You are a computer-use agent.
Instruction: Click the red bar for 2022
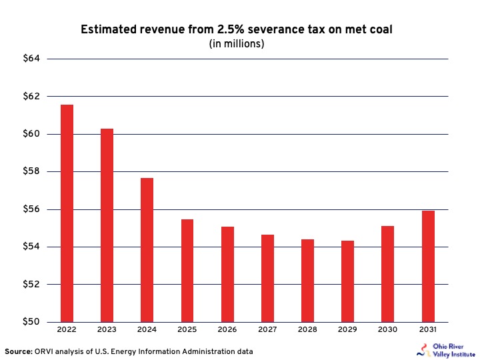(67, 213)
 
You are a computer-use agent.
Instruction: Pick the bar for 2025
(187, 271)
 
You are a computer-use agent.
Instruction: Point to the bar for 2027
(267, 278)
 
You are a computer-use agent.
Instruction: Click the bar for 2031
(428, 266)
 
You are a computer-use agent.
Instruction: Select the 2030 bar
(387, 274)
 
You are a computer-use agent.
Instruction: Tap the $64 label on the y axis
(31, 59)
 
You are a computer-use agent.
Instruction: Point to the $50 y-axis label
(31, 322)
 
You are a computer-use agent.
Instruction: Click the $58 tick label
(31, 172)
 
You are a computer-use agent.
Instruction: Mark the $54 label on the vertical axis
(31, 247)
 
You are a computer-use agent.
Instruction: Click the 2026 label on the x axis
(227, 331)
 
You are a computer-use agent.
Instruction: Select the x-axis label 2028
(307, 331)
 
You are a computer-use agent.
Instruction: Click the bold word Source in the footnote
(18, 351)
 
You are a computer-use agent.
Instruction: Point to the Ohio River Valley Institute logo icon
(420, 350)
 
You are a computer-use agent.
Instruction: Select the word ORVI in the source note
(45, 351)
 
